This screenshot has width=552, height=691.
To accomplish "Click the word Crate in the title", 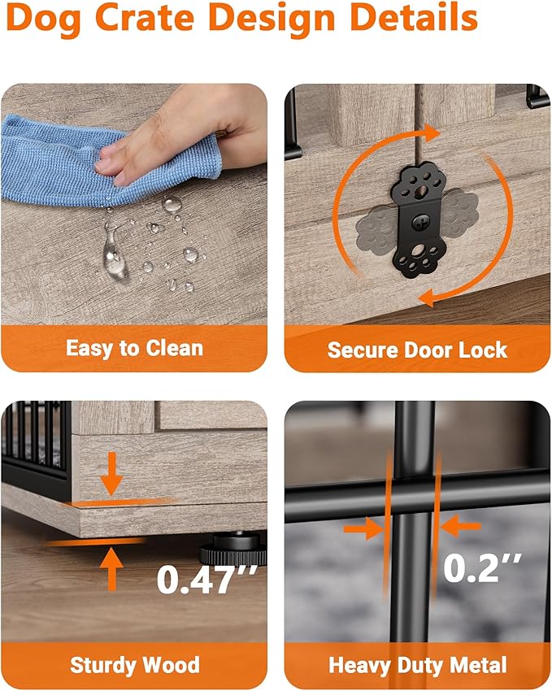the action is (145, 17).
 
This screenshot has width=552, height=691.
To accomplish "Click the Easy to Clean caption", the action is (134, 348).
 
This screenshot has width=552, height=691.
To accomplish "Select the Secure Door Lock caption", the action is (417, 350).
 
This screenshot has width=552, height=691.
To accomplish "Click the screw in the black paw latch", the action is (419, 223).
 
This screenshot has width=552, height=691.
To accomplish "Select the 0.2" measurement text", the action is (482, 567).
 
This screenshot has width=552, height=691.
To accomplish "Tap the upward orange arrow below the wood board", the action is (112, 569).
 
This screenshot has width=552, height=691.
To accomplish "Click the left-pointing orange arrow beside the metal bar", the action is (460, 526).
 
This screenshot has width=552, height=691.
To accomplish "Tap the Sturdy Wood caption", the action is (135, 665).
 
